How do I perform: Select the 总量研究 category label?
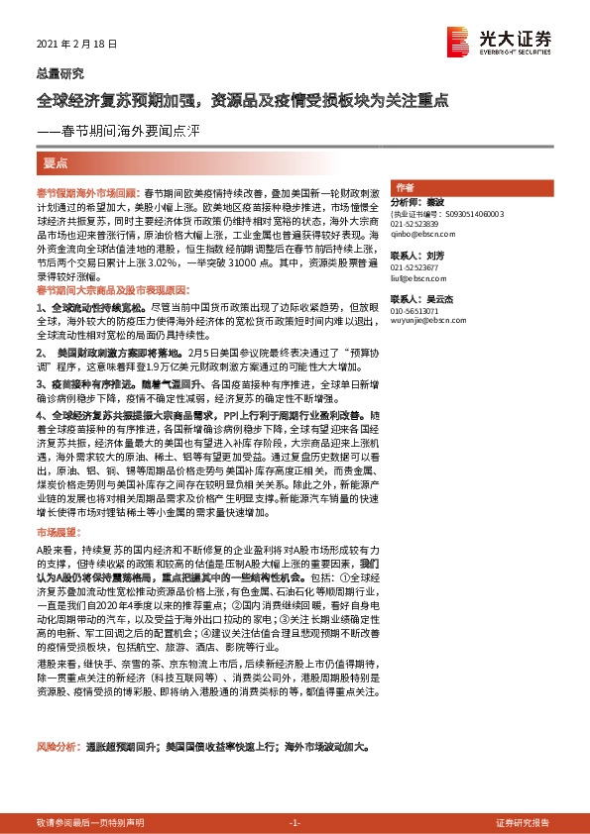59,73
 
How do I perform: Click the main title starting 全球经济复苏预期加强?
243,101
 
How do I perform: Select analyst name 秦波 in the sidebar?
438,200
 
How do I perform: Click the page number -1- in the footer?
295,823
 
